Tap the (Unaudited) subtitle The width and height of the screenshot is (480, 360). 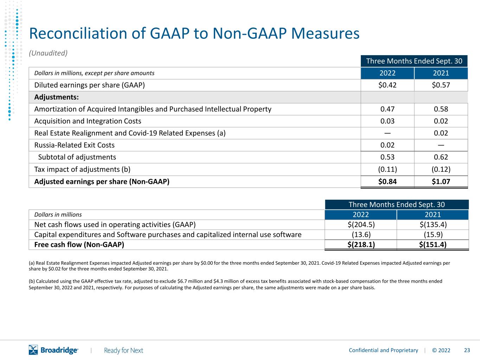click(x=48, y=53)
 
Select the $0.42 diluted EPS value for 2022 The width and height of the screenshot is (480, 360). click(x=387, y=85)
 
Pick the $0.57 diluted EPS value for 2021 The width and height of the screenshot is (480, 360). click(x=441, y=85)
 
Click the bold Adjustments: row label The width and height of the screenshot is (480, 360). click(x=56, y=97)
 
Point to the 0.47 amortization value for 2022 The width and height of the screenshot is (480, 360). click(x=387, y=109)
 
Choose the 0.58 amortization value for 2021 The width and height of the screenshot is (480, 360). click(x=441, y=109)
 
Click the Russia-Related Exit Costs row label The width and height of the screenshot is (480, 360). click(x=74, y=145)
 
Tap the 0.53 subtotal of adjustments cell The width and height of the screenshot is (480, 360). click(x=387, y=157)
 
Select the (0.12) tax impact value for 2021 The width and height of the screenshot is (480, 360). click(x=441, y=169)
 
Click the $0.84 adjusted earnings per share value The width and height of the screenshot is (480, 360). click(x=387, y=182)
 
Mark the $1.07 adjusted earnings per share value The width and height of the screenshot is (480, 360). click(x=441, y=182)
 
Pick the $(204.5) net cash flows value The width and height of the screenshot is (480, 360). click(x=361, y=225)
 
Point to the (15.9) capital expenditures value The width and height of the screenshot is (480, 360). click(x=433, y=235)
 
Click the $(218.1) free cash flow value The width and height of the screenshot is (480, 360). click(x=361, y=245)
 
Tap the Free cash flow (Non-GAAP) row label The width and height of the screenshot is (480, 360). click(x=79, y=245)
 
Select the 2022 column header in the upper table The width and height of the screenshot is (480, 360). click(x=387, y=73)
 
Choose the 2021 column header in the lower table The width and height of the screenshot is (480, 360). click(x=433, y=215)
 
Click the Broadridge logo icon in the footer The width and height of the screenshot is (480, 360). click(x=33, y=350)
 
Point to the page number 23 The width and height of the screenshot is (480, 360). click(x=467, y=351)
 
